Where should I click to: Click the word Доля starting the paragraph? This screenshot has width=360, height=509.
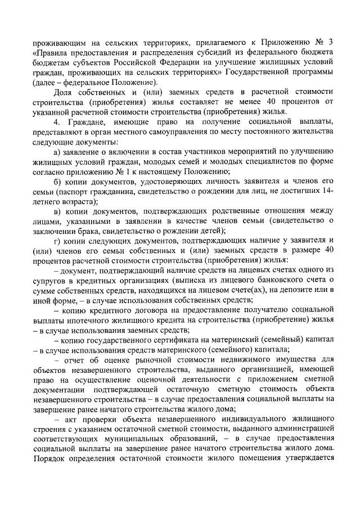(x=63, y=93)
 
